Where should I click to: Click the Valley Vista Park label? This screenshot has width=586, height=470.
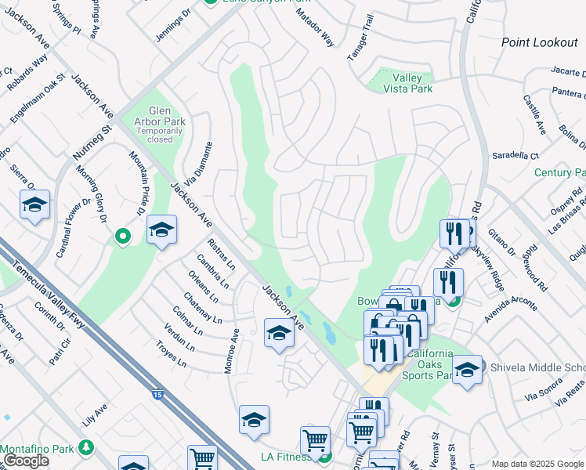point(407,83)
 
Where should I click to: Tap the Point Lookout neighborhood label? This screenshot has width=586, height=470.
point(539,42)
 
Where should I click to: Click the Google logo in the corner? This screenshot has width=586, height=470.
point(25,461)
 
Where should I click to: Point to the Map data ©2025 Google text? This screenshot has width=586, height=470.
point(537,463)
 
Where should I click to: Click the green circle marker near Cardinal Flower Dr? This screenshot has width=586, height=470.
point(122,234)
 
